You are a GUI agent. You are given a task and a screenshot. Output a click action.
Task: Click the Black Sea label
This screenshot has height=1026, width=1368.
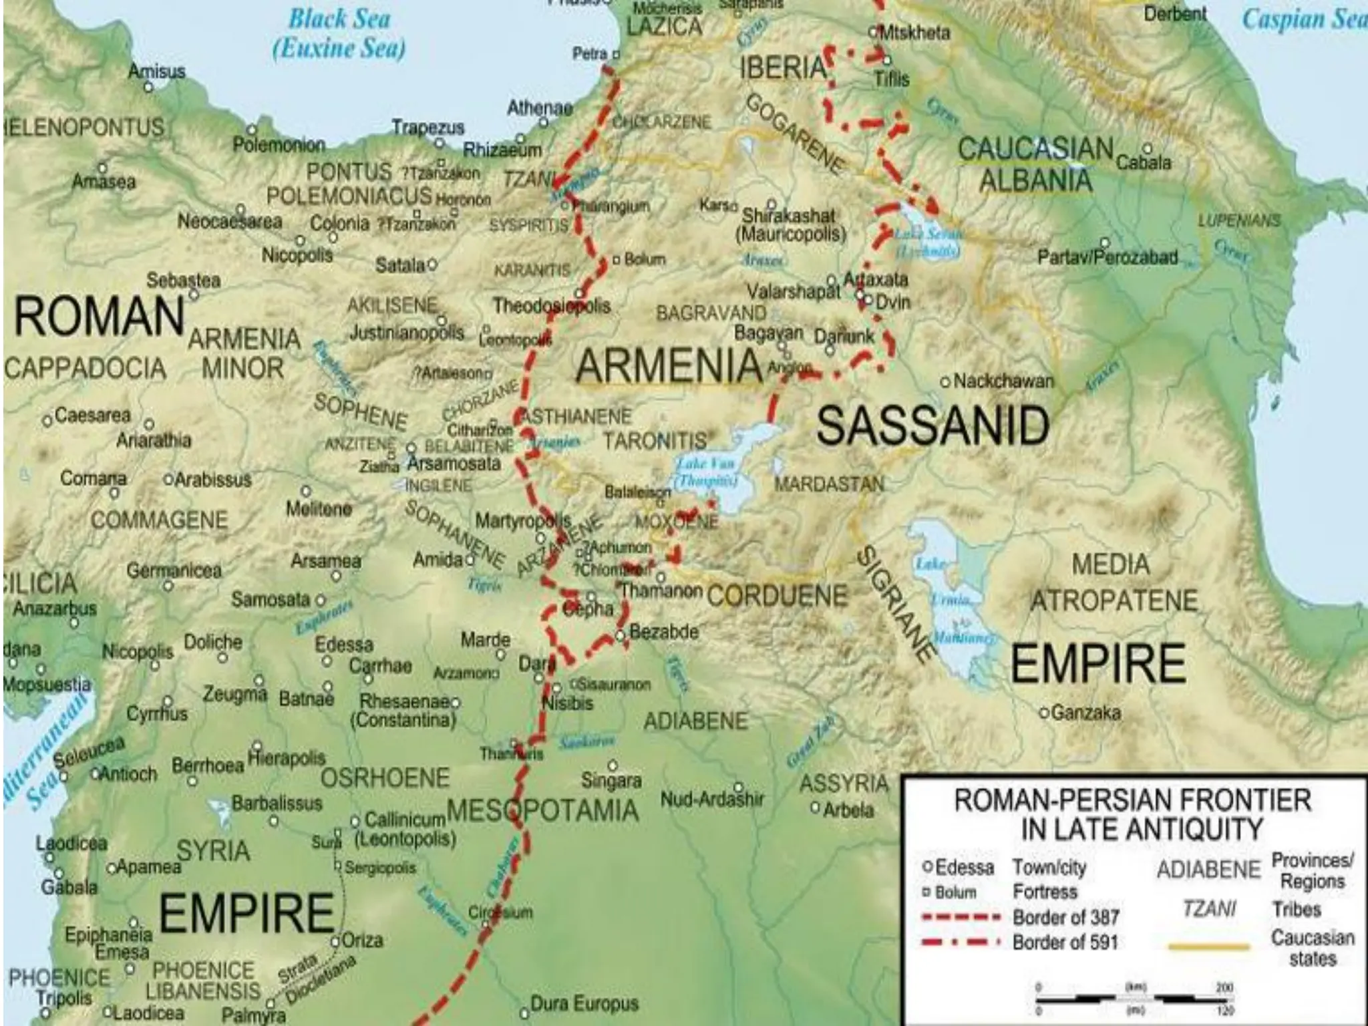[339, 19]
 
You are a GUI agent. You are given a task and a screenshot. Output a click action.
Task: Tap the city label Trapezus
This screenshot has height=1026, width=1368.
[427, 128]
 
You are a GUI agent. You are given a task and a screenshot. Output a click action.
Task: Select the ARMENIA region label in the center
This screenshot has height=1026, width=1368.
[669, 365]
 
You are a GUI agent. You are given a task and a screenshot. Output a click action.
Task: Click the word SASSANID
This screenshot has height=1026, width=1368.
[932, 425]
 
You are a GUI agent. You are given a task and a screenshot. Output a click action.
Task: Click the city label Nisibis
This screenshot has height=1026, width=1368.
[567, 703]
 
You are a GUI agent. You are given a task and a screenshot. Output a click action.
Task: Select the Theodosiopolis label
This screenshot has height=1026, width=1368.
[552, 306]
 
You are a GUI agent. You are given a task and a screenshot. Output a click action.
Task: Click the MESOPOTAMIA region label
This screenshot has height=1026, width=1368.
[542, 811]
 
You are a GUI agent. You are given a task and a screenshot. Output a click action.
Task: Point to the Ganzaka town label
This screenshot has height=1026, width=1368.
[1085, 713]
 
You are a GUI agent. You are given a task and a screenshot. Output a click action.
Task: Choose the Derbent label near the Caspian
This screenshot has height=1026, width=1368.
[1175, 14]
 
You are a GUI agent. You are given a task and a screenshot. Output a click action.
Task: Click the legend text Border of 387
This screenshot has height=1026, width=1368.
[1065, 917]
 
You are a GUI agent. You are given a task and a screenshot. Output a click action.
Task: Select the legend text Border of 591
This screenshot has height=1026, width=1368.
[1065, 943]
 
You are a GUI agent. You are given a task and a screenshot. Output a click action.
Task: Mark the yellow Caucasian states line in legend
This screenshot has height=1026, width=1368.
[1209, 947]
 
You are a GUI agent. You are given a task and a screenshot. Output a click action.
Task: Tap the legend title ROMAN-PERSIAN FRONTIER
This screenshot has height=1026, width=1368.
[1132, 800]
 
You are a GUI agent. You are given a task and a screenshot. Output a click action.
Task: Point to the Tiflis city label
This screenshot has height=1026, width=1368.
[892, 79]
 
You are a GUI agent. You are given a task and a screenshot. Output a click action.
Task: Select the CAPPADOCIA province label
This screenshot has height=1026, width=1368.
[85, 369]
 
